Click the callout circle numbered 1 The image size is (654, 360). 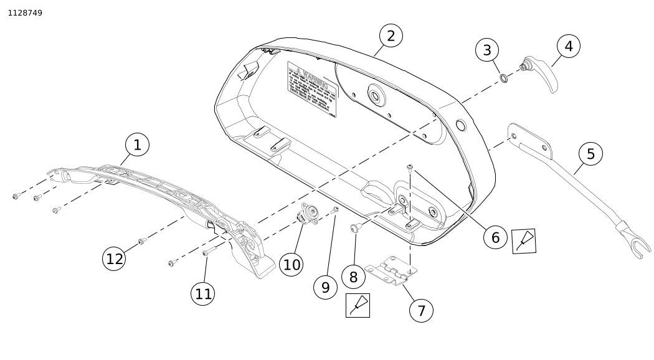pyautogui.click(x=138, y=145)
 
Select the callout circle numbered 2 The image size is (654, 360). pyautogui.click(x=391, y=36)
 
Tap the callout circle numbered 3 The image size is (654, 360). pyautogui.click(x=487, y=50)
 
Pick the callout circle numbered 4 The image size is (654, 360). pyautogui.click(x=569, y=45)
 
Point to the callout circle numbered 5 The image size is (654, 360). pyautogui.click(x=590, y=153)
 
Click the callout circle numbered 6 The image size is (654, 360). pyautogui.click(x=495, y=237)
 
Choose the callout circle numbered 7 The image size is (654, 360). pyautogui.click(x=421, y=310)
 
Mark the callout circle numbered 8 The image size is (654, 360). pyautogui.click(x=353, y=277)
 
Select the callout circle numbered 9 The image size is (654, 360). pyautogui.click(x=325, y=287)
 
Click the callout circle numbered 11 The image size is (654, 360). pyautogui.click(x=204, y=293)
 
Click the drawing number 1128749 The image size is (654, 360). pyautogui.click(x=25, y=12)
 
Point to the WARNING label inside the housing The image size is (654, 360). pyautogui.click(x=310, y=87)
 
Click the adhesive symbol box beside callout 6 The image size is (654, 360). pyautogui.click(x=524, y=241)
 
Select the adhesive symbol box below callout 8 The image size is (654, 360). pyautogui.click(x=358, y=305)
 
